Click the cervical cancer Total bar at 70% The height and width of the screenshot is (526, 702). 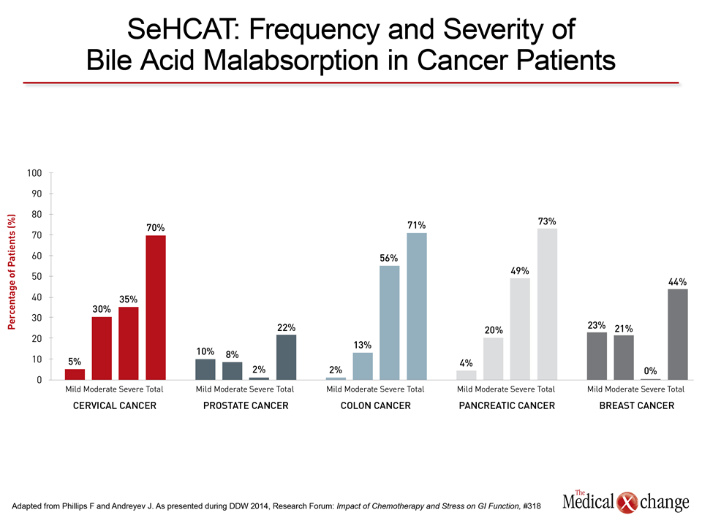point(155,308)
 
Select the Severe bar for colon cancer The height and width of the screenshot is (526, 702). point(390,323)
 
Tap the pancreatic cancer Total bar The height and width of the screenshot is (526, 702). point(547,304)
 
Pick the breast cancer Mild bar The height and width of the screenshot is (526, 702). point(597,356)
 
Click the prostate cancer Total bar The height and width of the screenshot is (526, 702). point(286,357)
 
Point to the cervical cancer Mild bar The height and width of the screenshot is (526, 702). point(75,374)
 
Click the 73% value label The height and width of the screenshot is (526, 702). point(547,221)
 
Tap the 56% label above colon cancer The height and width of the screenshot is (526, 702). point(388,258)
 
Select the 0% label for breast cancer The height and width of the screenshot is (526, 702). point(650,371)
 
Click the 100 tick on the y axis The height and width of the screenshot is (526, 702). point(34,173)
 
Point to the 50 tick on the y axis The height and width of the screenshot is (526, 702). point(37,276)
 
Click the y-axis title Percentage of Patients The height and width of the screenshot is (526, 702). point(12,272)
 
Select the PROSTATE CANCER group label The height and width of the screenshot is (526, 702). point(246,405)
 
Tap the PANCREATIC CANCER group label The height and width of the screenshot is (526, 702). point(507,405)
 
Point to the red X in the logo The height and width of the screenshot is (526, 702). point(627,503)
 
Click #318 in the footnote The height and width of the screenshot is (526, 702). point(532,506)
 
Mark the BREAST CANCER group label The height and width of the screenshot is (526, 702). point(637,405)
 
